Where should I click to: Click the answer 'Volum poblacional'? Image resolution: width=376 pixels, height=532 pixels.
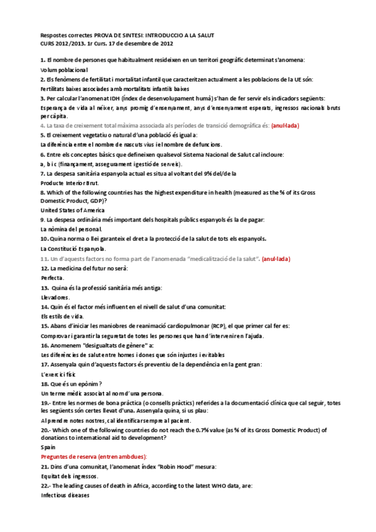tap(65, 70)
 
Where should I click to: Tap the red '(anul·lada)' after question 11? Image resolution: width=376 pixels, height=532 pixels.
tap(276, 258)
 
